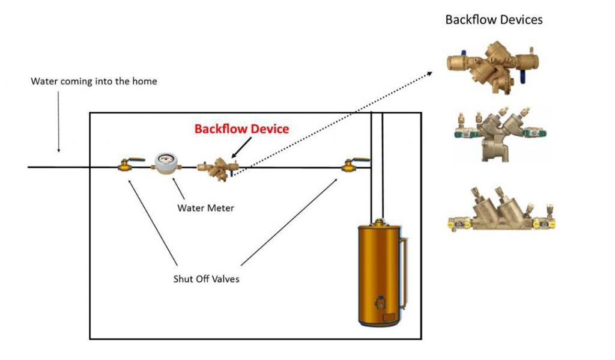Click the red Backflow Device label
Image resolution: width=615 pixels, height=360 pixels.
click(241, 129)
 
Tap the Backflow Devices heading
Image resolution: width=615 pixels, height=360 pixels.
click(494, 20)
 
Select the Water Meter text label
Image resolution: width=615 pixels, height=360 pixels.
click(205, 208)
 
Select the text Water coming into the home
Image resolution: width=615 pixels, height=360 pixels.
click(94, 81)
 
